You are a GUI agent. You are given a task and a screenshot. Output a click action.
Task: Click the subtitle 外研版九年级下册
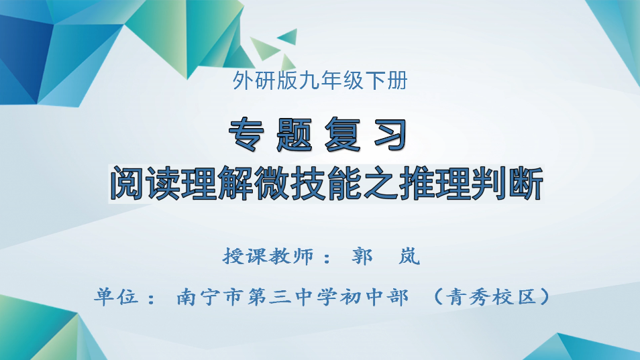(319, 82)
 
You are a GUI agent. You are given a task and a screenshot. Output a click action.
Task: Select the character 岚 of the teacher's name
(409, 257)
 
